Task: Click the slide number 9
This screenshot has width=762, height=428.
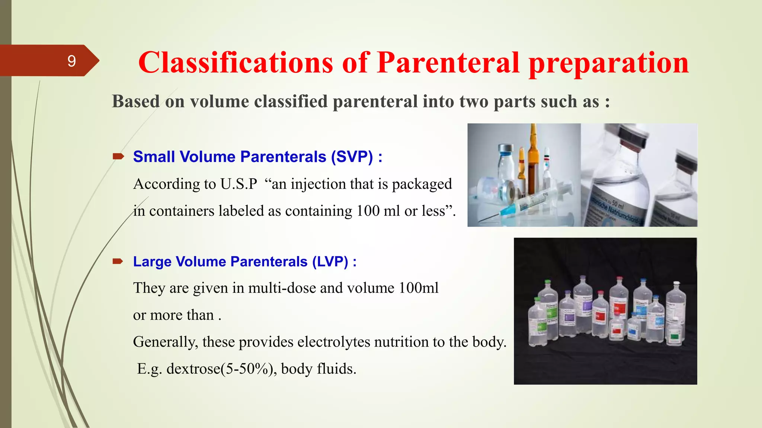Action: (71, 61)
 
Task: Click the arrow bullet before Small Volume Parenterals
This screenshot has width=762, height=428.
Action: (118, 156)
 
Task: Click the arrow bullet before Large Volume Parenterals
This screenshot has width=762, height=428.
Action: (118, 262)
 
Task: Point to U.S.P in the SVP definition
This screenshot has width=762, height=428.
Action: (238, 184)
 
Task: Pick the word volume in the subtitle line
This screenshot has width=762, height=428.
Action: (220, 102)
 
